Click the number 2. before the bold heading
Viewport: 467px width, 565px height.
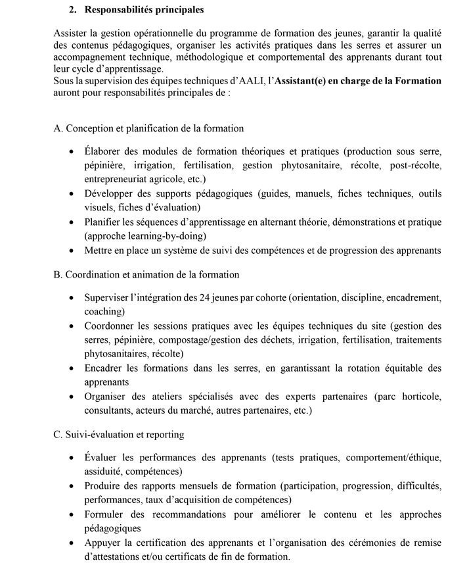(x=73, y=11)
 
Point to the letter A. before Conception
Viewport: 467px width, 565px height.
(x=58, y=128)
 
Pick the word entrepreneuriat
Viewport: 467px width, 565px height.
(x=120, y=179)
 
